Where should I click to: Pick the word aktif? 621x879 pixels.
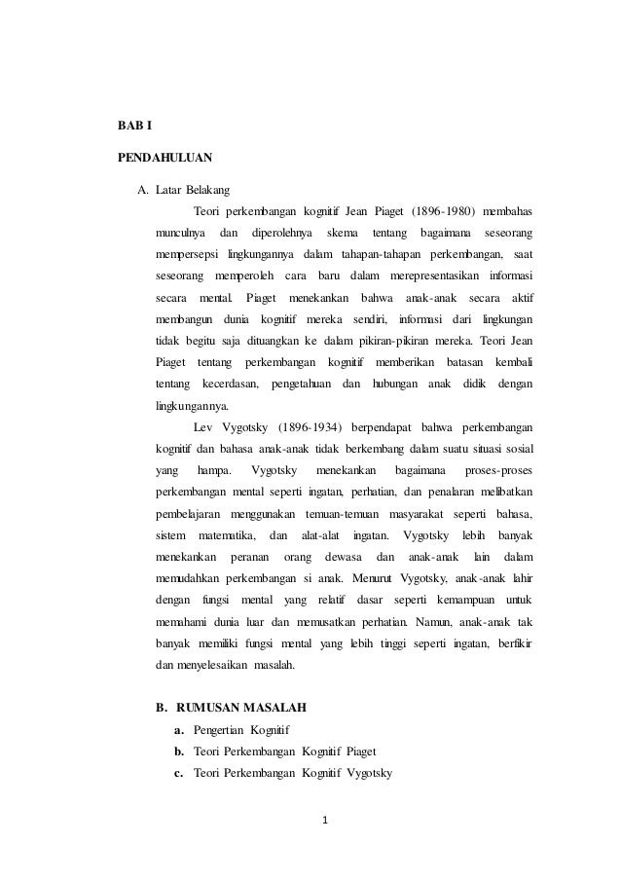pos(517,297)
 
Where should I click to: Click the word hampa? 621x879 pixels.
pos(213,470)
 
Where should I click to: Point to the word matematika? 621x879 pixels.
pos(227,535)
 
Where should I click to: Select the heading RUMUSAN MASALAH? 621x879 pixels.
pos(246,708)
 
